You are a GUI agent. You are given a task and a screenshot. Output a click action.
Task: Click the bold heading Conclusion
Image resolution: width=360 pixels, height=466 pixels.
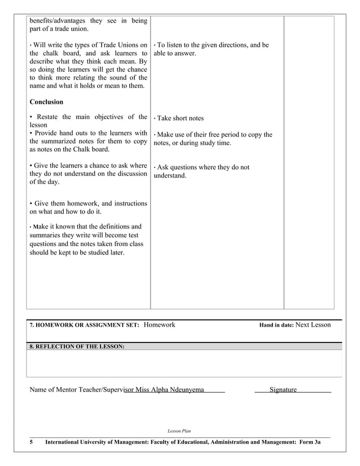pyautogui.click(x=46, y=102)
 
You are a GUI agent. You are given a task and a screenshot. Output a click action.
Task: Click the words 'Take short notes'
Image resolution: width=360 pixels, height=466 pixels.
pyautogui.click(x=180, y=118)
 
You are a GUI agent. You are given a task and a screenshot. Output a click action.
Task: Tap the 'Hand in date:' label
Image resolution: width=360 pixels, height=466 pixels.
pyautogui.click(x=276, y=326)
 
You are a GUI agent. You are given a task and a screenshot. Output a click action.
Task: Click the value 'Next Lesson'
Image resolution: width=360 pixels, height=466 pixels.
pyautogui.click(x=313, y=325)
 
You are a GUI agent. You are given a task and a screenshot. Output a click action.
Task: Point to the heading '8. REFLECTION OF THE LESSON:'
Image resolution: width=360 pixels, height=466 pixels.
pyautogui.click(x=77, y=346)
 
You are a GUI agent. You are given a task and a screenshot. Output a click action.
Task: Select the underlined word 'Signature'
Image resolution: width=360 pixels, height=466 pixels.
pyautogui.click(x=283, y=390)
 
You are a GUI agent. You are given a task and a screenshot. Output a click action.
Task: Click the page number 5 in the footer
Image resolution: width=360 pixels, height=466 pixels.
pyautogui.click(x=32, y=444)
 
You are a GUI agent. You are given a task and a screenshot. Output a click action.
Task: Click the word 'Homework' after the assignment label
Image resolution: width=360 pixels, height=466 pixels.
pyautogui.click(x=159, y=325)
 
